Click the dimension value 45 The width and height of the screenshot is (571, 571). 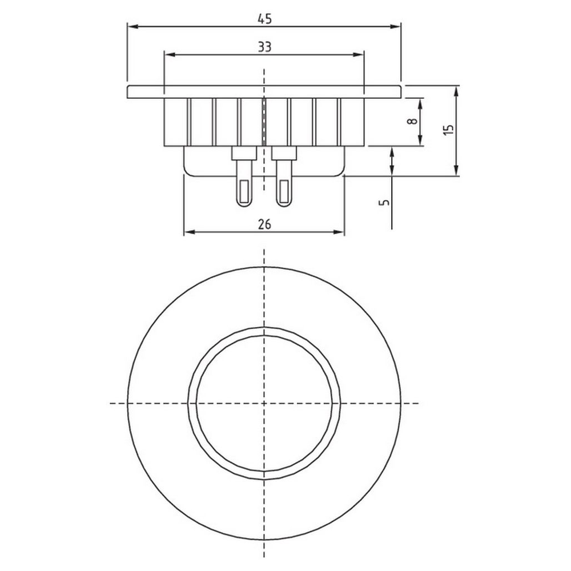coord(264,18)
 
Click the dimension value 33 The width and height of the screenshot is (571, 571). coord(264,47)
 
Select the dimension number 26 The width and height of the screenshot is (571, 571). coord(264,224)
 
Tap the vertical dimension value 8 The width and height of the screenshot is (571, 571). coord(412,121)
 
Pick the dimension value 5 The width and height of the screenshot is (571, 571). coord(384,202)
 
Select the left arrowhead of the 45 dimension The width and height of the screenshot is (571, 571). coord(133,27)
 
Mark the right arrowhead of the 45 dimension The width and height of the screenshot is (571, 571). coord(395,27)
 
